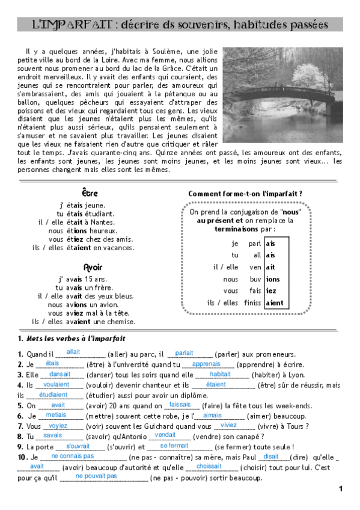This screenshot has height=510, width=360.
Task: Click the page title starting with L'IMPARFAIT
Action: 180,25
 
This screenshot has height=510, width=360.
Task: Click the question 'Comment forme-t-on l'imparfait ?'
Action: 245,194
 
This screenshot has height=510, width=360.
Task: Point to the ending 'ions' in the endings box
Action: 273,279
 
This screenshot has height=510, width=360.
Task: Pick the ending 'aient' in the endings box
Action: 274,303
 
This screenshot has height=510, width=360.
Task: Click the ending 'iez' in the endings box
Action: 271,291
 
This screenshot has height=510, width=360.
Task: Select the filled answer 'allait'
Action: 73,352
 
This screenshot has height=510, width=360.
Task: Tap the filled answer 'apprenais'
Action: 206,364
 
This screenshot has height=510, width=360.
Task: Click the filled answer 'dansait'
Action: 59,373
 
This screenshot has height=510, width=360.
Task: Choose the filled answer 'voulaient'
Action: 56,384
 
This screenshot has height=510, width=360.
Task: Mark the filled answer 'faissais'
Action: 180,405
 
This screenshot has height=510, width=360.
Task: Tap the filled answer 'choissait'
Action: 209,466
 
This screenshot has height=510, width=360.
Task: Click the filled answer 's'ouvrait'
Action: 78,446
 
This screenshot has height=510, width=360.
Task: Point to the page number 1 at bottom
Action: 340,488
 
